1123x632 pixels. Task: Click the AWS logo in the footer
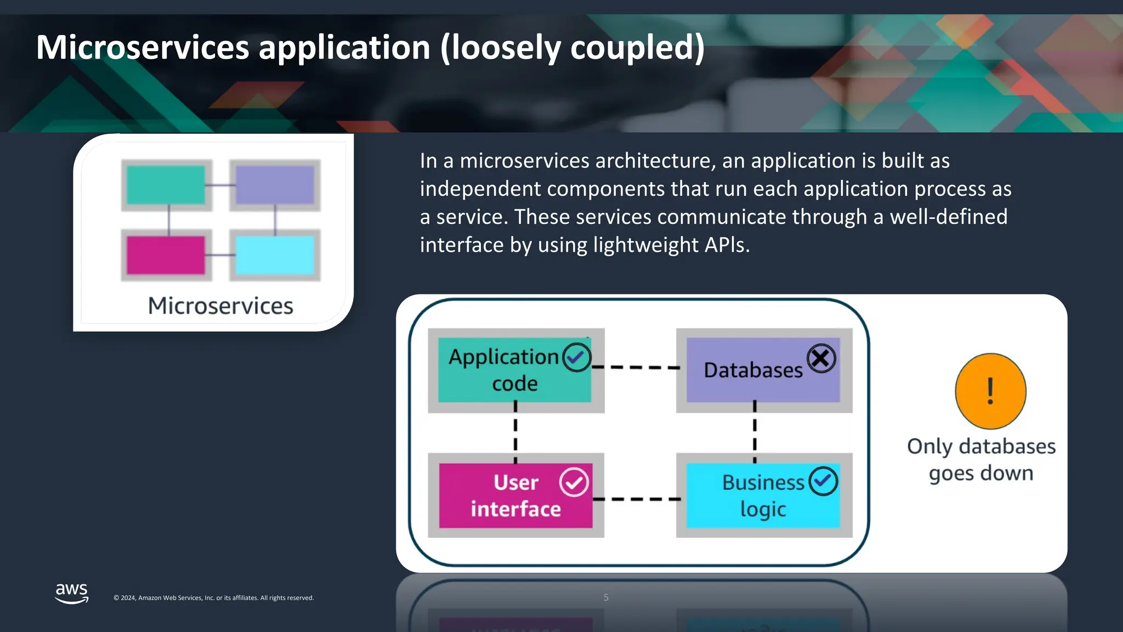coord(72,593)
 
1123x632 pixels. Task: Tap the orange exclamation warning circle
coord(990,391)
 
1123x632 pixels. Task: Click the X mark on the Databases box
coord(821,359)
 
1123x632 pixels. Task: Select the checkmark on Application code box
coord(576,358)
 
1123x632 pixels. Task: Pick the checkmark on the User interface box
coord(574,482)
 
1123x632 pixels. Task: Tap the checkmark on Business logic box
coord(823,481)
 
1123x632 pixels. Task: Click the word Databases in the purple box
coord(753,370)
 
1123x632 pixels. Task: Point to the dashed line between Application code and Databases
coord(639,367)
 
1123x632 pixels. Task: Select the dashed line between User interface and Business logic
coord(639,499)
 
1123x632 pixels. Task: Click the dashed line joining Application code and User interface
coord(515,433)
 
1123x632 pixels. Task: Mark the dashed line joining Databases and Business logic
coord(755,433)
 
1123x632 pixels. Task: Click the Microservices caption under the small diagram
coord(220,306)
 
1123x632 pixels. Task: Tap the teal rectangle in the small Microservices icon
coord(166,185)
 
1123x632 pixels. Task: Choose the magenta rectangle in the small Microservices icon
coord(166,255)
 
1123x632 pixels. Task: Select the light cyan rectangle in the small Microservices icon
coord(275,255)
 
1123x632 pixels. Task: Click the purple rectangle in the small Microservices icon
coord(275,185)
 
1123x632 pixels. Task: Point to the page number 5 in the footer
coord(606,597)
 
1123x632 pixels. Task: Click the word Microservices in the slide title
coord(143,47)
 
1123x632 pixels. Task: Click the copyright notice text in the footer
coord(213,598)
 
